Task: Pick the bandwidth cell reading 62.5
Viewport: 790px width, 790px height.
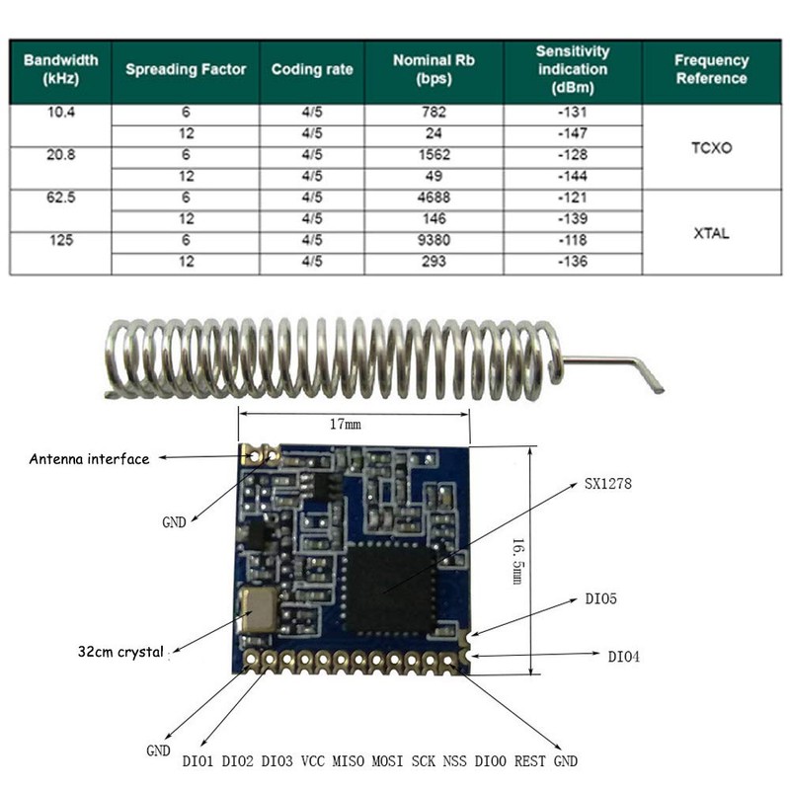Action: [x=60, y=197]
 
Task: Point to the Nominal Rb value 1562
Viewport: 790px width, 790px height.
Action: [x=434, y=155]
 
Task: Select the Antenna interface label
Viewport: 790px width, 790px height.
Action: [x=89, y=459]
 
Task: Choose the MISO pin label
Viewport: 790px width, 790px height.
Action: [x=348, y=761]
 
